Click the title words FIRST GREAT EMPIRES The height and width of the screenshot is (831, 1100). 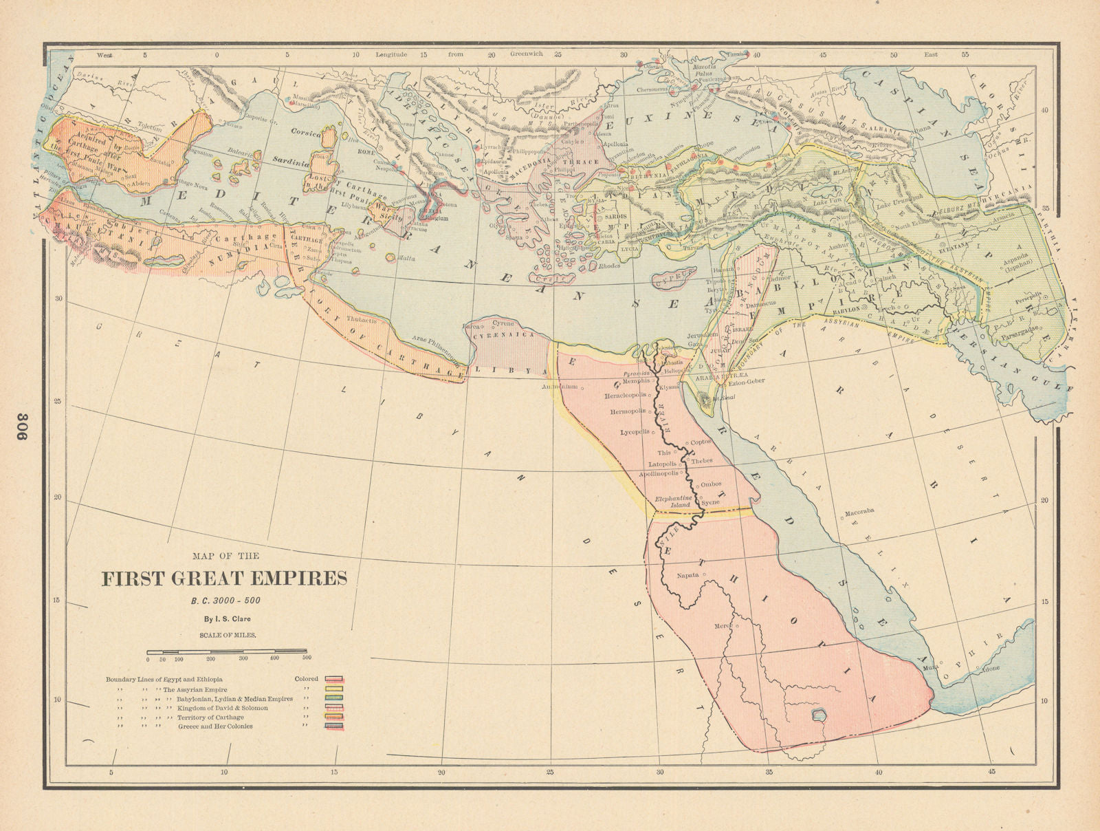[224, 578]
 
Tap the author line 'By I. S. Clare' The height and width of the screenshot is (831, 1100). [225, 618]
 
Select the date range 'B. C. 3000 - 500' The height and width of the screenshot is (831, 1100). [225, 600]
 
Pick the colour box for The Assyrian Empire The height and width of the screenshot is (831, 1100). [334, 689]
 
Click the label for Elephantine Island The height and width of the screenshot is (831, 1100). [672, 501]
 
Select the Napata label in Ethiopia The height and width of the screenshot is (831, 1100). [687, 574]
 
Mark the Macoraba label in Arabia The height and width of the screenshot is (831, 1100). [859, 511]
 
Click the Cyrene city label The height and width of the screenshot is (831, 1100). [503, 323]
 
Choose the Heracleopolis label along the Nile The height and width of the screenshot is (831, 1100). [626, 396]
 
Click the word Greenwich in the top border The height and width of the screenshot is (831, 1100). [526, 54]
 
